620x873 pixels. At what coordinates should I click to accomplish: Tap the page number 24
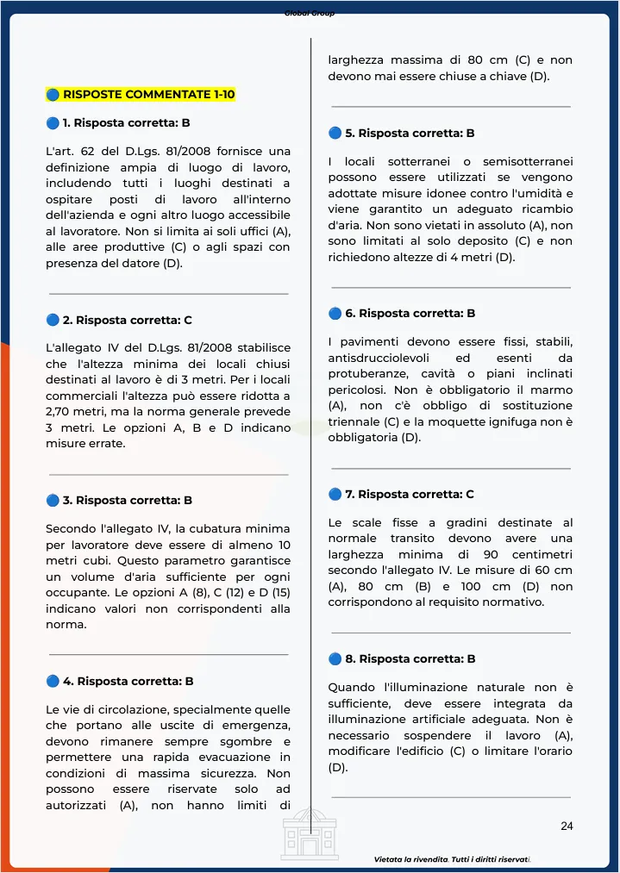[x=567, y=826]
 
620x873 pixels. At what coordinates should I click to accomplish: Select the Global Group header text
[x=310, y=13]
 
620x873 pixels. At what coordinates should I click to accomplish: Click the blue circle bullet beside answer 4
[x=53, y=681]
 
